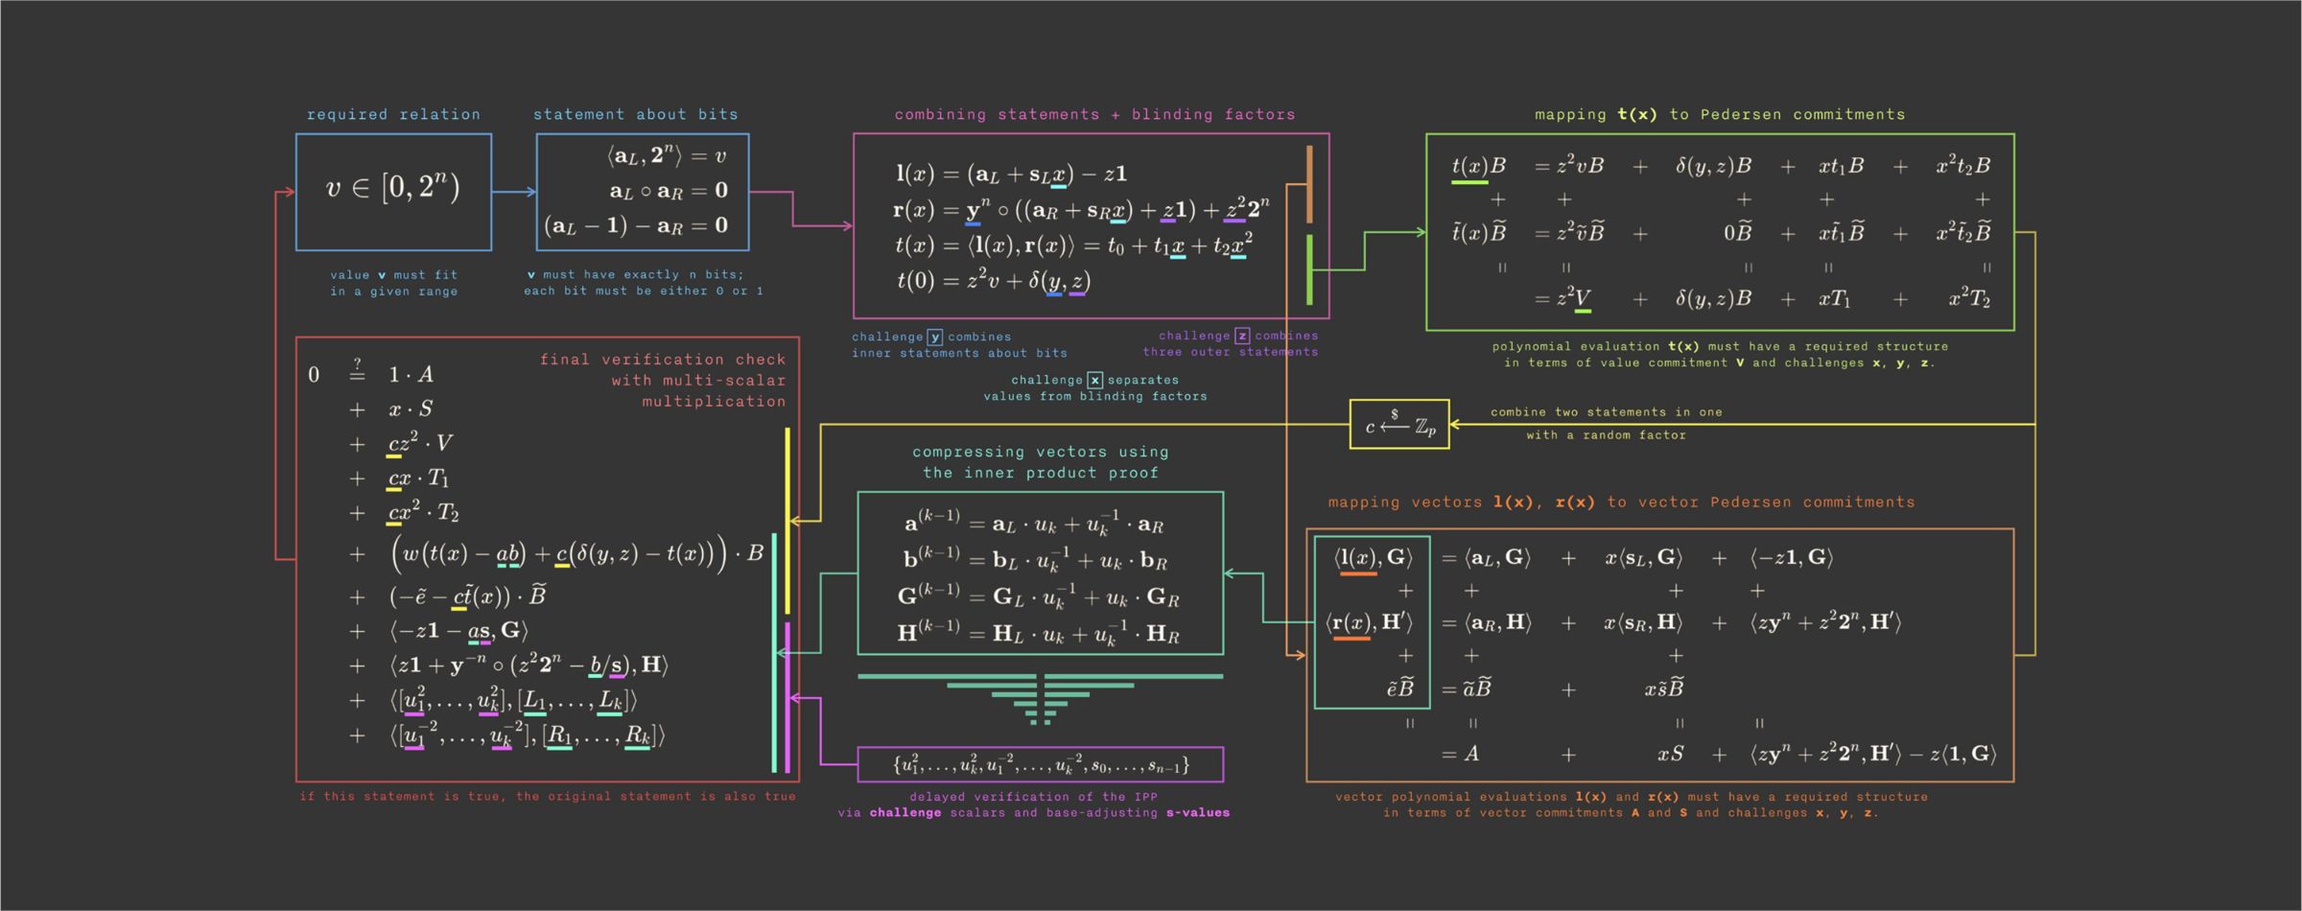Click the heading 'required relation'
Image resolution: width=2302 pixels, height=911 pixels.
tap(393, 114)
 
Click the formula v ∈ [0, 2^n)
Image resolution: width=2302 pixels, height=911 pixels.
tap(393, 188)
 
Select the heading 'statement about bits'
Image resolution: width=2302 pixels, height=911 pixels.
tap(636, 114)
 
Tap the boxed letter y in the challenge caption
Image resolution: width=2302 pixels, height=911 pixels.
tap(935, 337)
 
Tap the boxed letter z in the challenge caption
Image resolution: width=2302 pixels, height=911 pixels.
tap(1242, 336)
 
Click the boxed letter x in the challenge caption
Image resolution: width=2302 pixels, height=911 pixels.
tap(1095, 380)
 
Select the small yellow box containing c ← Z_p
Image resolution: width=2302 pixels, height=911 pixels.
tap(1399, 424)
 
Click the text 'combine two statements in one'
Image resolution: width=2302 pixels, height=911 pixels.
tap(1607, 412)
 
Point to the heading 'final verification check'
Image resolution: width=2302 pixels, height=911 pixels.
tap(663, 360)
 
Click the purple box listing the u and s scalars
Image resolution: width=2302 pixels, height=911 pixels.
tap(1041, 764)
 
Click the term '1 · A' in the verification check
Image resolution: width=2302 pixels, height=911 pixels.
tap(411, 374)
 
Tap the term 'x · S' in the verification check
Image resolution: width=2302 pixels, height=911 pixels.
tap(411, 409)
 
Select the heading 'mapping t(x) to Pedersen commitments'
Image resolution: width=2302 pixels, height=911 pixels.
tap(1720, 114)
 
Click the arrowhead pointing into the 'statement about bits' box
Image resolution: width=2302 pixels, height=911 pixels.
tap(531, 192)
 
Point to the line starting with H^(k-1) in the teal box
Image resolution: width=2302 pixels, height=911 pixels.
tap(1039, 632)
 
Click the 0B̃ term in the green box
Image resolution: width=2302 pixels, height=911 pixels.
tap(1737, 233)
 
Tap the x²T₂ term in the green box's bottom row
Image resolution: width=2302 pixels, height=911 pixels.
tap(1969, 299)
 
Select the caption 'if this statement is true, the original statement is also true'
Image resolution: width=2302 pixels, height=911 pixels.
tap(548, 796)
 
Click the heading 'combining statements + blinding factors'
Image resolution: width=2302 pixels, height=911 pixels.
tap(1094, 114)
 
